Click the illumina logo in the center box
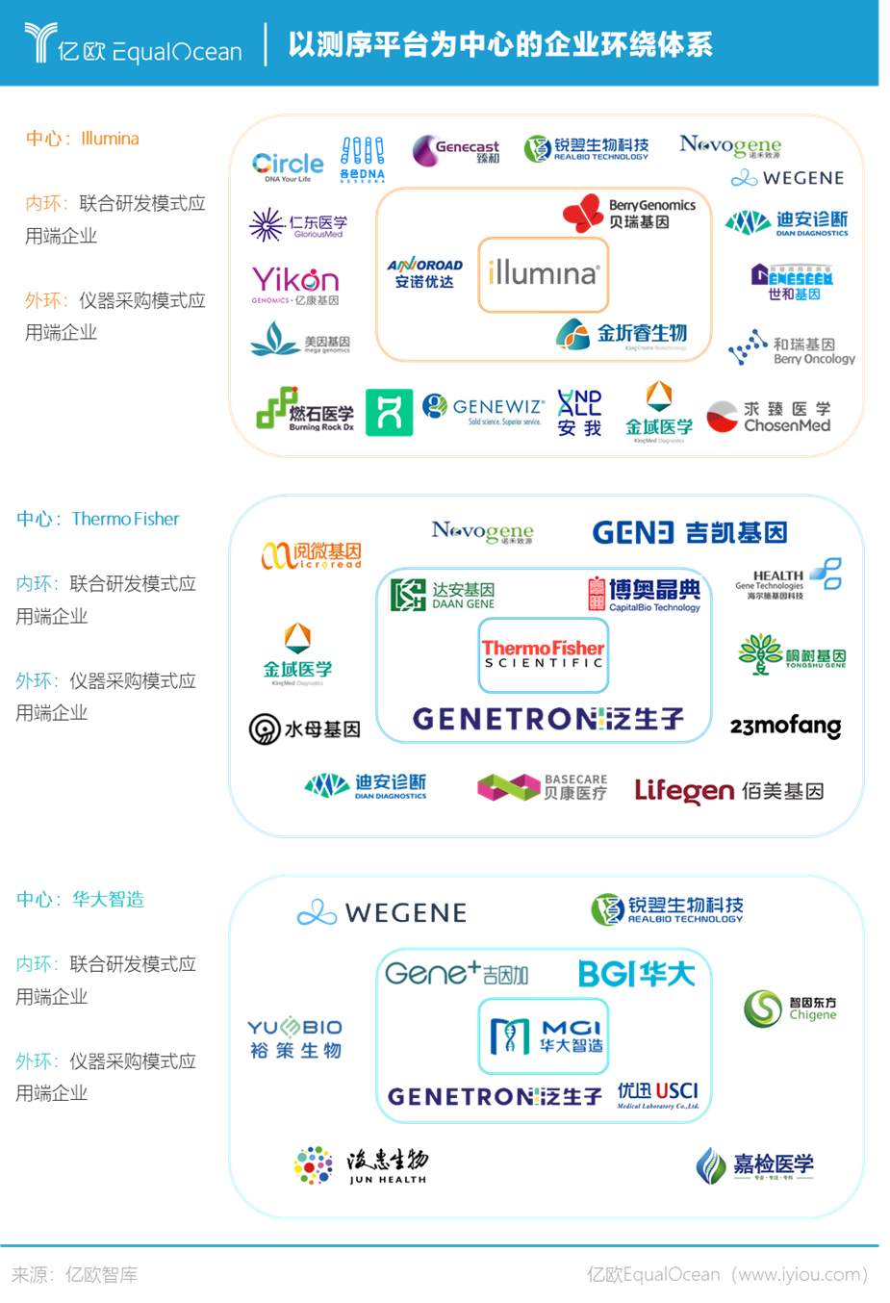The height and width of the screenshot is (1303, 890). coord(544,274)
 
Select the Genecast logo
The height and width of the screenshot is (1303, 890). coord(457,151)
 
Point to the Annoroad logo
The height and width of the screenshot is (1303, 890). coord(424,272)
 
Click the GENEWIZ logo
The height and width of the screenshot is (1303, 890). coord(484,412)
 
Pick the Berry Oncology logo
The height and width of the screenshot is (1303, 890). coord(792,347)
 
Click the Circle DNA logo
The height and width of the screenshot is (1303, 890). coord(287,166)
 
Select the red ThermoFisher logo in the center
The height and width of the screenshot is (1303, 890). coord(544,650)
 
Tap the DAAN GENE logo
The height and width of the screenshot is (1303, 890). coord(443,595)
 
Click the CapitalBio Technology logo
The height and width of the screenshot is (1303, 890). coord(643,595)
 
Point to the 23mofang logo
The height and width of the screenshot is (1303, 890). coord(786,727)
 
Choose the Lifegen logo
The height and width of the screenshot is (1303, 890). coord(728,792)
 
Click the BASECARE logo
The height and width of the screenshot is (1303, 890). coord(543,787)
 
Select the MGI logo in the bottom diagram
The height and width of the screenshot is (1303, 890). coord(545,1035)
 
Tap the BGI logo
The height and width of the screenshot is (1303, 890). coord(636,974)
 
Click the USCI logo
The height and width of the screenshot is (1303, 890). coord(658,1096)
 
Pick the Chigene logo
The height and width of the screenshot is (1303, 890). coord(790,1009)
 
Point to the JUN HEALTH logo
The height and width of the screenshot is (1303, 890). coord(362,1167)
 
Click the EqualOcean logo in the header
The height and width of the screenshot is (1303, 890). coord(134,45)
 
